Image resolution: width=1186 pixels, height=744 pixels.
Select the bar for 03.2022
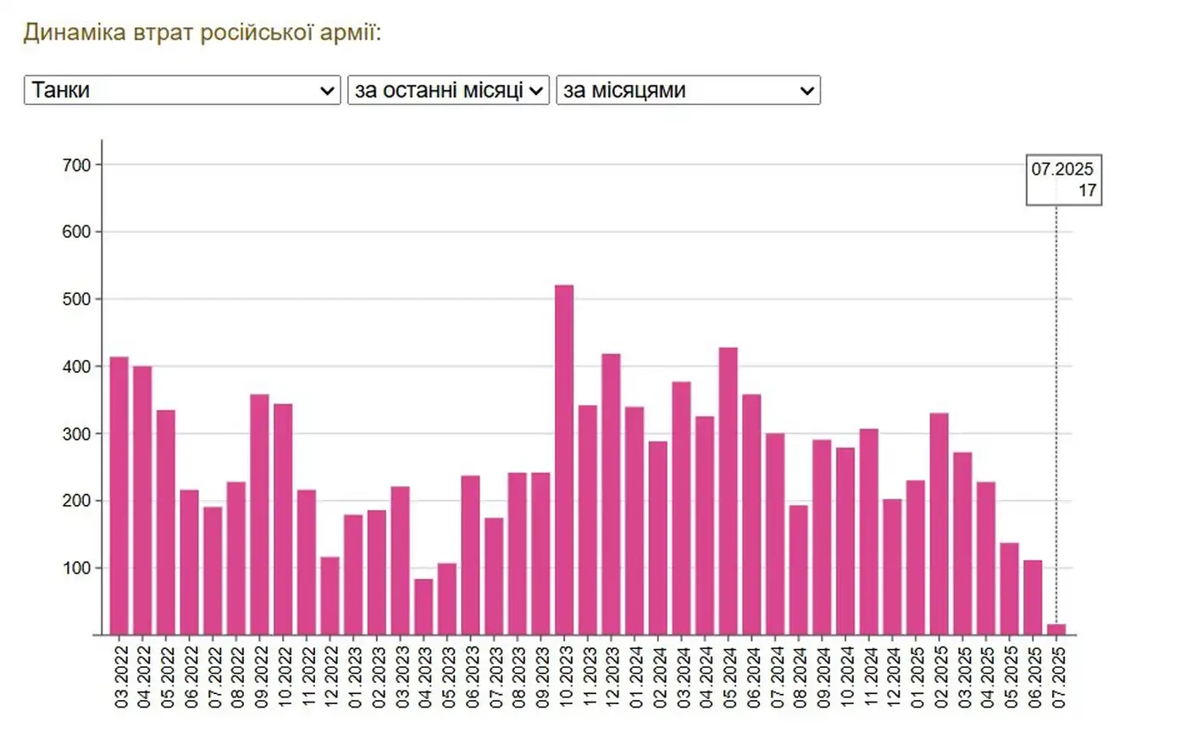119,496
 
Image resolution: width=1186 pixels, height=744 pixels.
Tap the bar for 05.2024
728,491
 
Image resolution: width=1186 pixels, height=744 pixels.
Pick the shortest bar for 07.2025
1056,630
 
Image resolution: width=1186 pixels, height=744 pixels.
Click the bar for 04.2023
424,607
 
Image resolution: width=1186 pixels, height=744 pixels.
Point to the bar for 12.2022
330,596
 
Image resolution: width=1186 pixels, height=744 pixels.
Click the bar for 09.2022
260,514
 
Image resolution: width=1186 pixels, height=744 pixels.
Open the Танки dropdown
182,90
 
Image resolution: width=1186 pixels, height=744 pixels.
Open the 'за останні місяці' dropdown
448,90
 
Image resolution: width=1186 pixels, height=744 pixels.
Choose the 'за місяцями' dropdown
688,90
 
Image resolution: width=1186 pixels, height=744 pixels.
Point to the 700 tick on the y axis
76,165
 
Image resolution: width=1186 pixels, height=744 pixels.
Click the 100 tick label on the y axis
76,568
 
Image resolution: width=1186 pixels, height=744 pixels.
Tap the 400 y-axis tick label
76,367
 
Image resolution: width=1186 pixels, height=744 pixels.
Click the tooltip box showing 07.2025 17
1063,180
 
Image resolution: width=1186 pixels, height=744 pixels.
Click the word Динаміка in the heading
74,32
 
